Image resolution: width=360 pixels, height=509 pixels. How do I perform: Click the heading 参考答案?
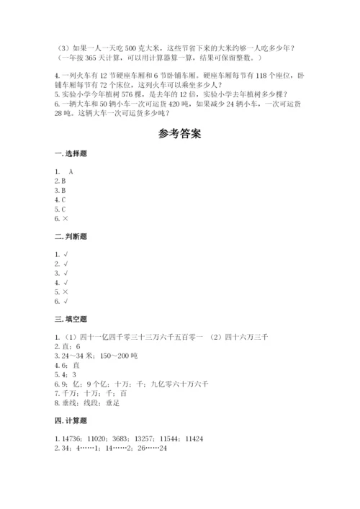tap(180, 134)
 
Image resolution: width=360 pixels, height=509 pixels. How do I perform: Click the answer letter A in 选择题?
tap(71, 171)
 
